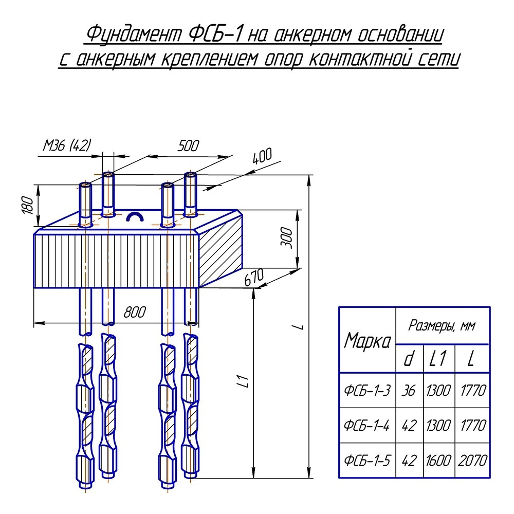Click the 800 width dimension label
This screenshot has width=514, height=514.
click(x=135, y=312)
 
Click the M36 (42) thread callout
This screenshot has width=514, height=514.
click(x=66, y=146)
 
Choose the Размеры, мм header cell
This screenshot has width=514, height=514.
click(x=442, y=325)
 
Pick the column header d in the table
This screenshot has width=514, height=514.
click(x=409, y=359)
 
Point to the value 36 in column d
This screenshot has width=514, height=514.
click(x=409, y=390)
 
